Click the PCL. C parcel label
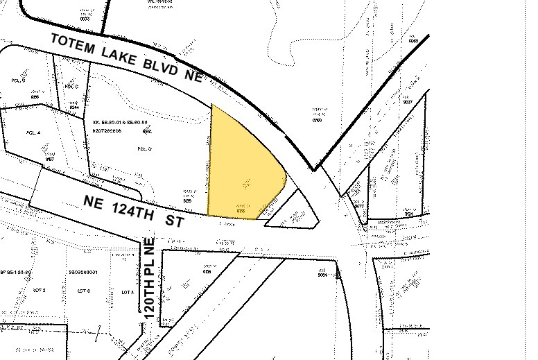tap(71, 86)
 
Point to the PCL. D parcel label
tap(144, 148)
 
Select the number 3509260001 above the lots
tap(83, 273)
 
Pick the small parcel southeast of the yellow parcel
tap(295, 215)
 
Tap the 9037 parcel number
tap(407, 102)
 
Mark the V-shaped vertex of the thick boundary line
tap(314, 169)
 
